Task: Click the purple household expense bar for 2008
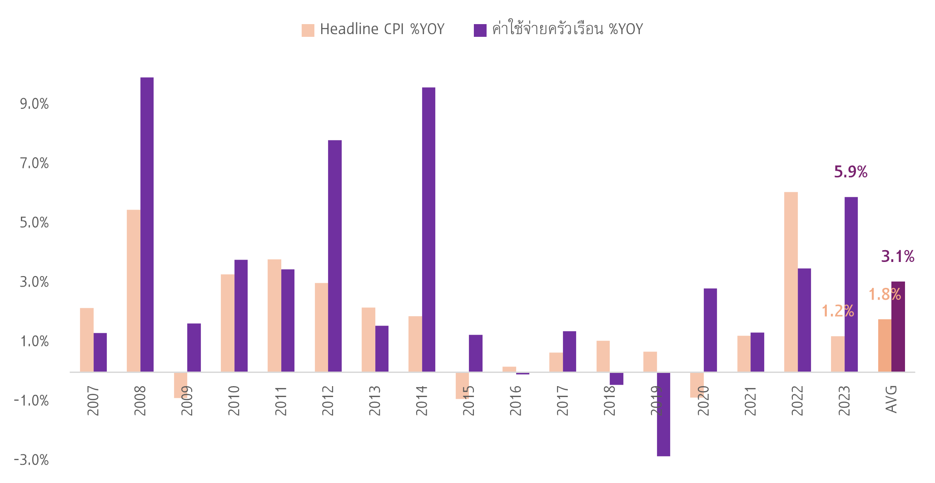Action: [147, 225]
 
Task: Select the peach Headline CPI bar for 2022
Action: [791, 282]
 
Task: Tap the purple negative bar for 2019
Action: [663, 414]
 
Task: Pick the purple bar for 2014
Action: [428, 230]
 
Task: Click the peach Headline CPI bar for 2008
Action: [134, 291]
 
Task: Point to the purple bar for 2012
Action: [335, 256]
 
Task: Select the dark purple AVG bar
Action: [898, 327]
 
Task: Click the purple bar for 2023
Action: [851, 284]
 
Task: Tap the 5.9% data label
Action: [850, 172]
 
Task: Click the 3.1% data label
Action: [897, 257]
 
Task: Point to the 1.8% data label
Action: [885, 295]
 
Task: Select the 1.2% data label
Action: [837, 311]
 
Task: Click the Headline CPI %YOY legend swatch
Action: [308, 30]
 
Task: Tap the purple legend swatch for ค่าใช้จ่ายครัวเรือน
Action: [480, 30]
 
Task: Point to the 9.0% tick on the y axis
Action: [34, 104]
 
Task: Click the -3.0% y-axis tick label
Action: [31, 460]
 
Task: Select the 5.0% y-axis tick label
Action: [34, 223]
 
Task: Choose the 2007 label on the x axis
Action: [93, 400]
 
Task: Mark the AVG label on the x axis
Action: [891, 399]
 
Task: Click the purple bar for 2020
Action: [710, 330]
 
